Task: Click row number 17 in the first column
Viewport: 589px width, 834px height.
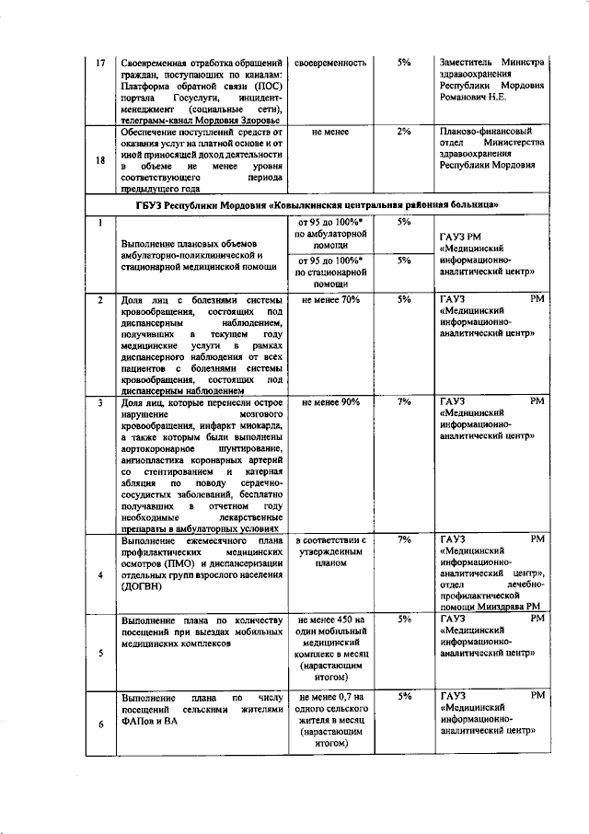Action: click(101, 64)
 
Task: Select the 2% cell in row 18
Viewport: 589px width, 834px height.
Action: click(404, 133)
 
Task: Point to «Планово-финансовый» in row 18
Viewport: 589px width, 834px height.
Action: click(485, 133)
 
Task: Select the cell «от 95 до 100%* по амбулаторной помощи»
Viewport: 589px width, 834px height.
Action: click(330, 235)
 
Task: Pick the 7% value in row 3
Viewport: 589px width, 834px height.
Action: click(404, 403)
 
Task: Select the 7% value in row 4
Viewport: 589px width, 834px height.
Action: click(404, 539)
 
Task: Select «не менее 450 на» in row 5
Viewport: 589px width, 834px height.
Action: click(330, 620)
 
